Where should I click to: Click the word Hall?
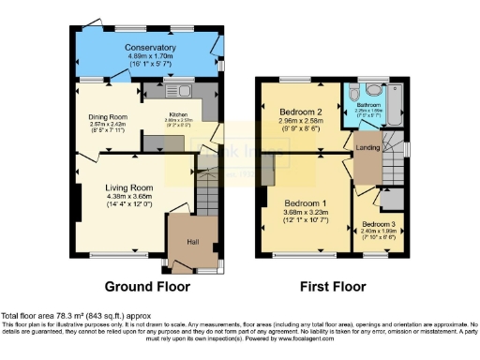(x=192, y=241)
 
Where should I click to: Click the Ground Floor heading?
(x=146, y=286)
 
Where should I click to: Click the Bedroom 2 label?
(x=301, y=112)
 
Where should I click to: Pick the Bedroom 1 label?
(x=305, y=203)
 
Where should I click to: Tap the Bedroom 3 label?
(x=380, y=224)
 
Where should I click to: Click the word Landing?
(x=367, y=144)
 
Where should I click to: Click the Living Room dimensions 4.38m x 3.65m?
(x=128, y=197)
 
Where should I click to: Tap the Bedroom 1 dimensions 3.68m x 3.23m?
(x=305, y=213)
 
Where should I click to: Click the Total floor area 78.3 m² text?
(x=75, y=316)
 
